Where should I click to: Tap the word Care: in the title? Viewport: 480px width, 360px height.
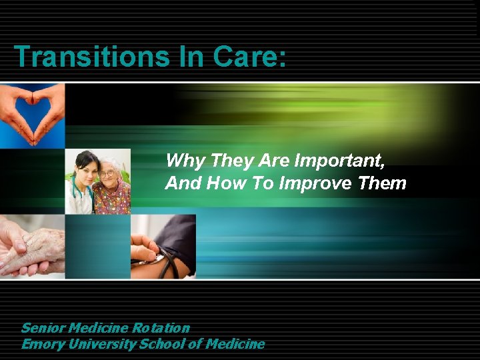tap(249, 57)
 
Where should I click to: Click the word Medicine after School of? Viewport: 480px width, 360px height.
tap(235, 344)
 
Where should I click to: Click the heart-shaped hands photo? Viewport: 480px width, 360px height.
tap(32, 115)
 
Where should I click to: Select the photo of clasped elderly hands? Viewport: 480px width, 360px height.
tap(32, 245)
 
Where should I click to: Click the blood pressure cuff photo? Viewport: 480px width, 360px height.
tap(163, 246)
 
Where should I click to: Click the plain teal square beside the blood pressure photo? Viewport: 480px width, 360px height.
tap(98, 246)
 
